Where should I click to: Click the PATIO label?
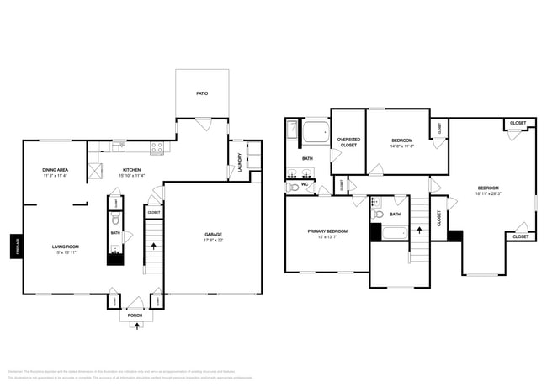(x=202, y=93)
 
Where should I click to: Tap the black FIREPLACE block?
(x=15, y=247)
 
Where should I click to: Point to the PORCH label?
(x=135, y=315)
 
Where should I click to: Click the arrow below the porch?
(x=135, y=326)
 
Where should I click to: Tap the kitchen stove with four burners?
(x=156, y=148)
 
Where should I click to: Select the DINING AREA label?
(x=55, y=170)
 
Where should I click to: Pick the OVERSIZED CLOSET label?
(x=348, y=142)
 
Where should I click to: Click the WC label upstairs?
(x=305, y=183)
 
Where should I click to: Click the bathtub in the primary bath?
(x=316, y=132)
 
